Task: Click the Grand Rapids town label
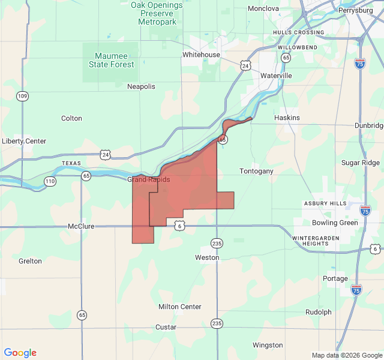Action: [x=148, y=179]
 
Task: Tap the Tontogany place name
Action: [x=256, y=171]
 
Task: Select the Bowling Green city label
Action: [x=335, y=223]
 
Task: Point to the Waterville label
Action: [x=276, y=76]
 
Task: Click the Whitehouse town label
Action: [x=201, y=55]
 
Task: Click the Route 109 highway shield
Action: [x=22, y=96]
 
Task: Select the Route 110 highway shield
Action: [x=49, y=181]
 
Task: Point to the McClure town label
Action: [x=81, y=226]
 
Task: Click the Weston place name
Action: [x=207, y=257]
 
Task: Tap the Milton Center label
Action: [x=179, y=307]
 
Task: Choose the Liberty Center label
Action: [x=24, y=141]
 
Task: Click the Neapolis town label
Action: [x=141, y=86]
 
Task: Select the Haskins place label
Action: [x=287, y=118]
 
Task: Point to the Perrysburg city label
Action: [x=355, y=10]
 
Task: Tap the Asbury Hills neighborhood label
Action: [x=325, y=203]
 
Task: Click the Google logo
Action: [x=20, y=353]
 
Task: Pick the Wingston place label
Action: [x=268, y=345]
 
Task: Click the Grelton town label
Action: [x=30, y=261]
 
